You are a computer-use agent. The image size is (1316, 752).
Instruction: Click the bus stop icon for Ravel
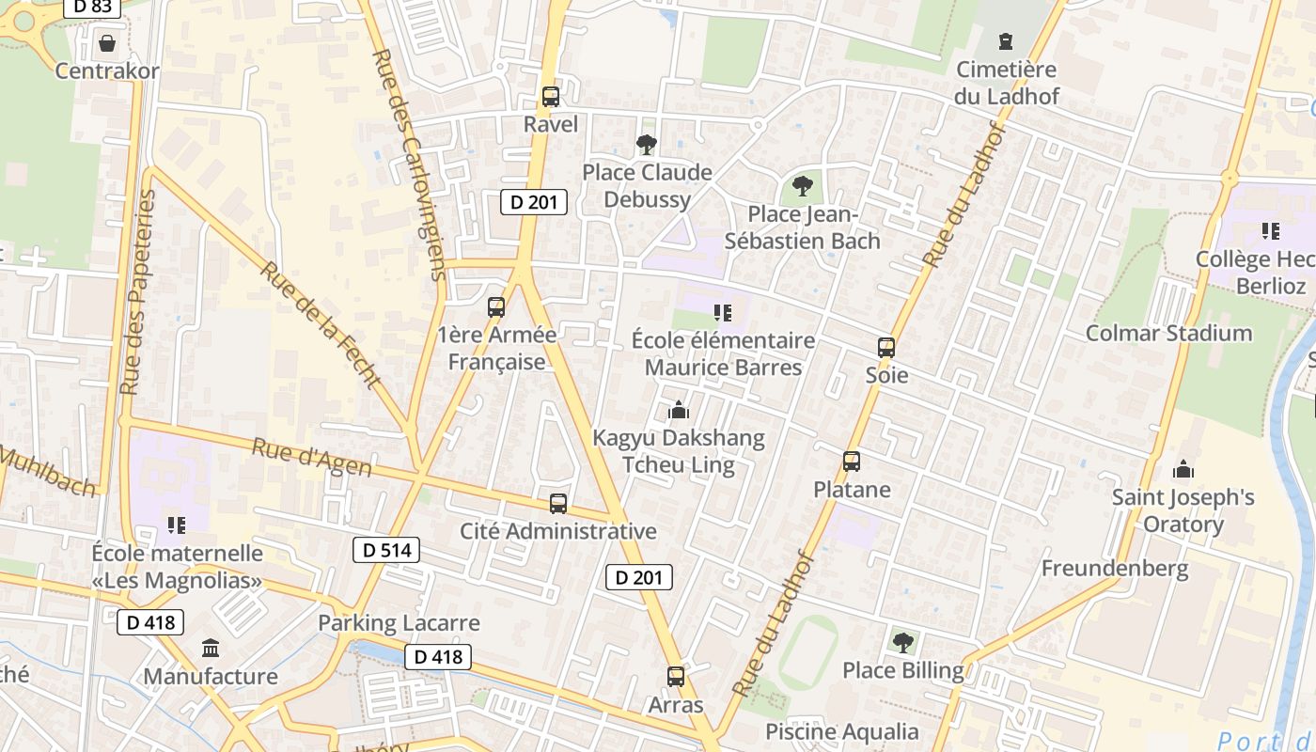point(551,96)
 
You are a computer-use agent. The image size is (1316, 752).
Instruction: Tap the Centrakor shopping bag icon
point(106,43)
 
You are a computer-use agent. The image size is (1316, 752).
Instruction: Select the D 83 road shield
point(92,6)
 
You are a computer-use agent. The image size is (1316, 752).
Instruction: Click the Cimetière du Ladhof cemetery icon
point(1006,41)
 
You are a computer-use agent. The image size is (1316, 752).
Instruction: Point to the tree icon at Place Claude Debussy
point(646,144)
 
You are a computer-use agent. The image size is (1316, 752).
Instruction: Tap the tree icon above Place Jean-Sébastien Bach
point(802,185)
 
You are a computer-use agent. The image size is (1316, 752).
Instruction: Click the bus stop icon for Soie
point(885,348)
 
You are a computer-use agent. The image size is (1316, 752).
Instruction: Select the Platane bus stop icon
point(852,462)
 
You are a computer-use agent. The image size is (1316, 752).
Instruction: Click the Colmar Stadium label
point(1168,333)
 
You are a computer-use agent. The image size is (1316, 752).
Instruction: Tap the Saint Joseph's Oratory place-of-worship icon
point(1183,469)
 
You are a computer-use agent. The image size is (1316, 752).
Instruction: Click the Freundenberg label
point(1115,568)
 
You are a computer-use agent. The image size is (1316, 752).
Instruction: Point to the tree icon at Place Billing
point(902,642)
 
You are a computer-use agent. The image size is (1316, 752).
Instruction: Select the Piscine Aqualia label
point(842,731)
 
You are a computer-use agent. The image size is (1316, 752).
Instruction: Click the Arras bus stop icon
point(676,676)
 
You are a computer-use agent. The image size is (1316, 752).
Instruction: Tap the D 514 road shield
point(385,550)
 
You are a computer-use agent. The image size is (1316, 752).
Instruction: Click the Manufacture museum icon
point(211,648)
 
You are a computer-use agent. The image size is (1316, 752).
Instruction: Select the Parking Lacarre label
point(399,622)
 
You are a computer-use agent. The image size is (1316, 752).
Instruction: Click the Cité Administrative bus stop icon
point(558,503)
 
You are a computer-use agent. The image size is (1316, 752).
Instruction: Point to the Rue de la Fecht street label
point(321,325)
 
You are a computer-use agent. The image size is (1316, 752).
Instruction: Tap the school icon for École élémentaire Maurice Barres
point(722,312)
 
